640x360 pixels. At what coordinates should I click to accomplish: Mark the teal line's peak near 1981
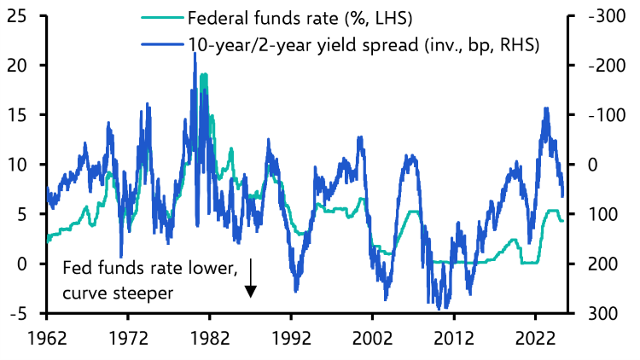coord(203,75)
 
